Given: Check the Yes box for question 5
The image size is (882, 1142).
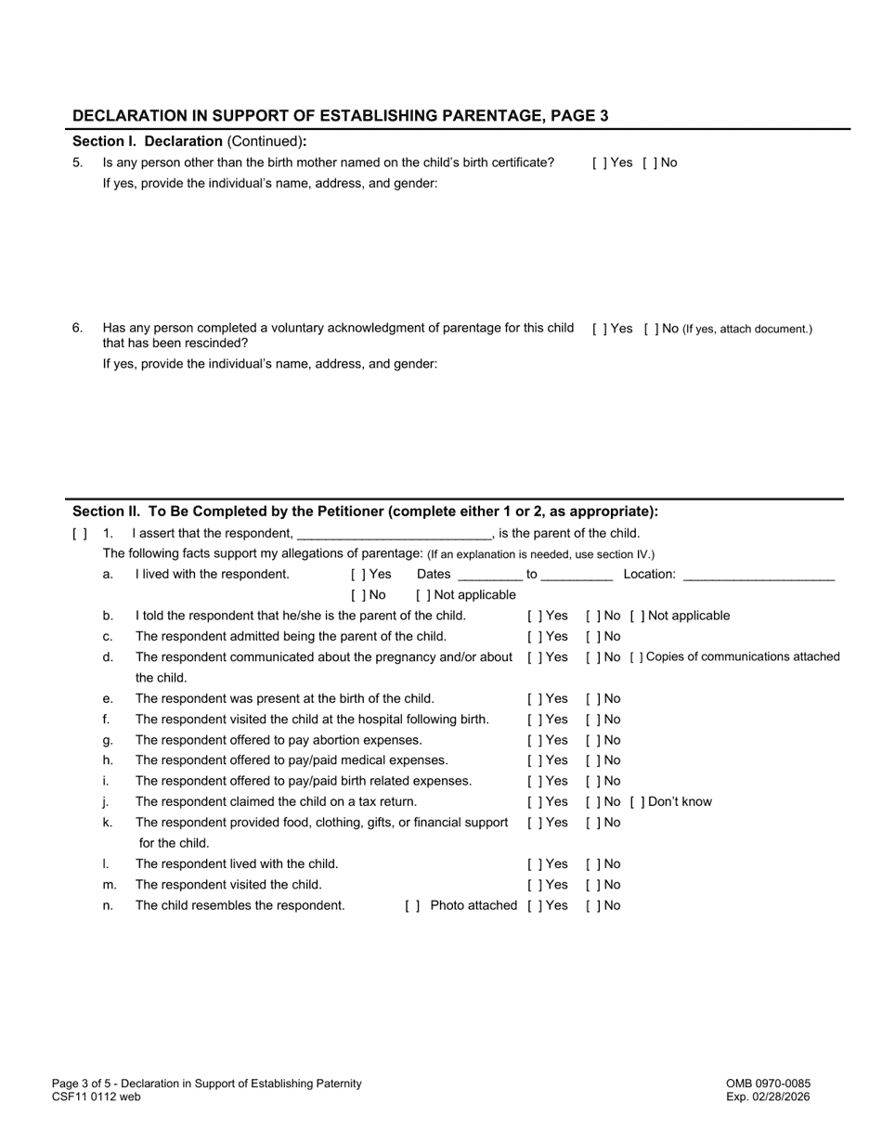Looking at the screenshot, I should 598,162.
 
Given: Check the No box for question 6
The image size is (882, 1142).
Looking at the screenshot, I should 650,329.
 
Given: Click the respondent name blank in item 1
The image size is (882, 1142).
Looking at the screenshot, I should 393,534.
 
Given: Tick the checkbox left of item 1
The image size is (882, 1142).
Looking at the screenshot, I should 80,534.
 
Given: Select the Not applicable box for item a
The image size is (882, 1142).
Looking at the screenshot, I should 422,595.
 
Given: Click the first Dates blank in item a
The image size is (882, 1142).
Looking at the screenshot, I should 489,575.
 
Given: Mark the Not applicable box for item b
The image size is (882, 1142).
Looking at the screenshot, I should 636,616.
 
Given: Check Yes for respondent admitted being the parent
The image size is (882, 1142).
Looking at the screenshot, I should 533,637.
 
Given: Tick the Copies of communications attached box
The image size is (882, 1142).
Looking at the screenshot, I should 636,657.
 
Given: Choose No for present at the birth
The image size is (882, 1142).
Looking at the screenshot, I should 591,699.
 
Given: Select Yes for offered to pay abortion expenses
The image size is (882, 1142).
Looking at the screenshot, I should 533,740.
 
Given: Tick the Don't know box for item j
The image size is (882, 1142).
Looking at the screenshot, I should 636,802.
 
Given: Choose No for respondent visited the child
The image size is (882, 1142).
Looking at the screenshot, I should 591,885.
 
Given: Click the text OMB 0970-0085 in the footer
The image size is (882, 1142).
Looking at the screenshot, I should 768,1084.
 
